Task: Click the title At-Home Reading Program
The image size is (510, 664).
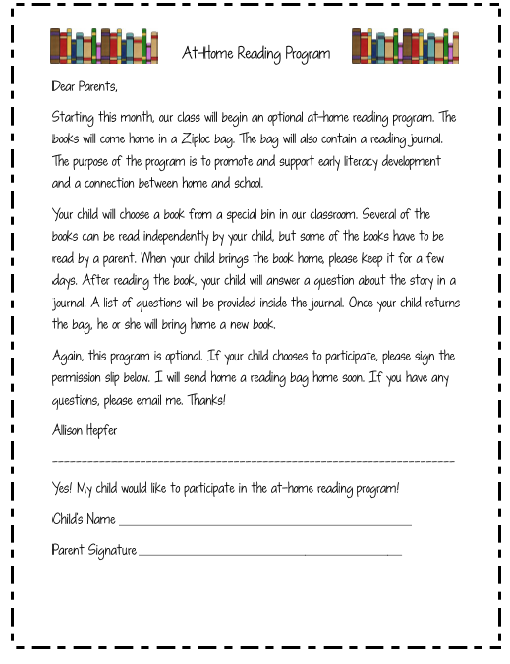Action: tap(255, 53)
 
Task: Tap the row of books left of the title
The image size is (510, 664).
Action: tap(104, 46)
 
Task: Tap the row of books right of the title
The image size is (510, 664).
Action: tap(405, 46)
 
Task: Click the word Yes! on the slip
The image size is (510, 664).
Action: tap(62, 488)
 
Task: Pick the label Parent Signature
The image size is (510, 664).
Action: tap(93, 550)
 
